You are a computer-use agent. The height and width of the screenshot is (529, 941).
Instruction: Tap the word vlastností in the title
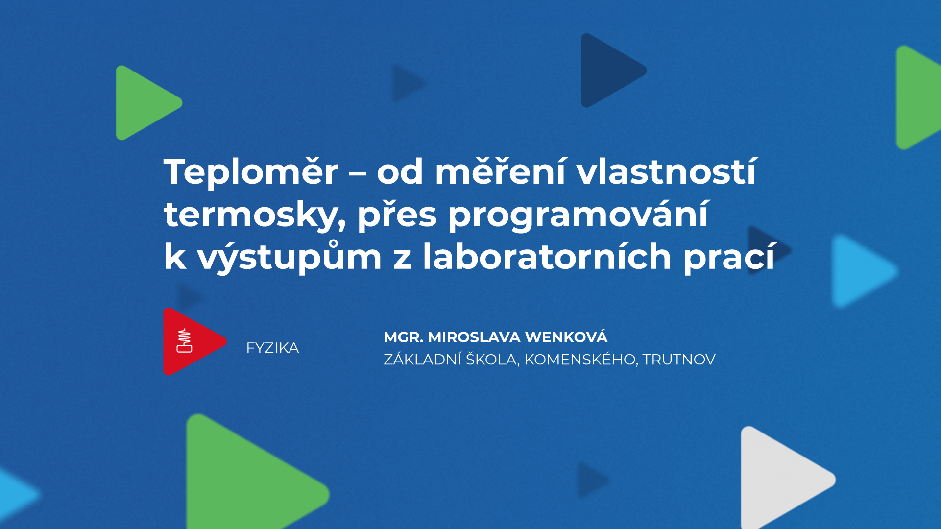tap(667, 172)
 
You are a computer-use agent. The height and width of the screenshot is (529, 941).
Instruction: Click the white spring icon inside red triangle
tap(184, 341)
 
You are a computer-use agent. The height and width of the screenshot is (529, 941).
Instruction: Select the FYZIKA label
tap(272, 348)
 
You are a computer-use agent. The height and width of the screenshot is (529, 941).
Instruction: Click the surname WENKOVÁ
tap(566, 337)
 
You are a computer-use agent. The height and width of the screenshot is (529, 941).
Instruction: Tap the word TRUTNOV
tap(679, 360)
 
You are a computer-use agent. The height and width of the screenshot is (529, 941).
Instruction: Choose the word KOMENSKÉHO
tap(580, 360)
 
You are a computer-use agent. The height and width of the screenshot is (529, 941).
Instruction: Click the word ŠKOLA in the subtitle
tap(492, 360)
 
